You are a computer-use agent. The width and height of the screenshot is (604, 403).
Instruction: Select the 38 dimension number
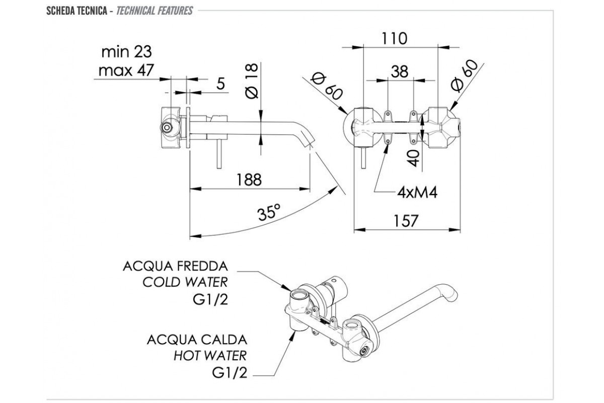click(399, 72)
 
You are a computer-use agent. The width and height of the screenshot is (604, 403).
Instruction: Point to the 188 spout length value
click(248, 179)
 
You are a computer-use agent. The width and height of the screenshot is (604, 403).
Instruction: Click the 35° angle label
click(269, 214)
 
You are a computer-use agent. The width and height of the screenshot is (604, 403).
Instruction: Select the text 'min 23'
click(126, 51)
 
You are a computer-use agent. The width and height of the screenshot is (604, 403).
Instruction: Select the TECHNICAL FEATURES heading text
click(154, 11)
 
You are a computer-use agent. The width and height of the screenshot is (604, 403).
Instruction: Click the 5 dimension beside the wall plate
click(220, 84)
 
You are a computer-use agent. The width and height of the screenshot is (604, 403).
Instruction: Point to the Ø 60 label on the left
click(327, 86)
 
